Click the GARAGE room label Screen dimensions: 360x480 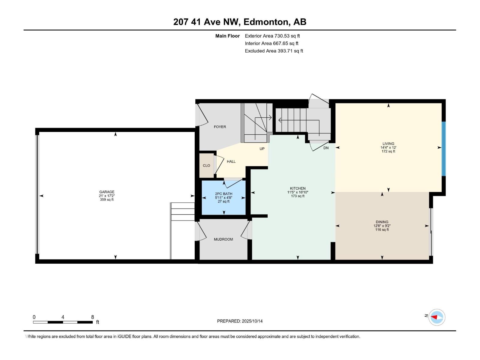(x=107, y=192)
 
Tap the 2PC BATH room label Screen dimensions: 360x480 (x=223, y=194)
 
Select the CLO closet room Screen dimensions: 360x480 (x=206, y=166)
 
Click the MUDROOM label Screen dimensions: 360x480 (x=223, y=239)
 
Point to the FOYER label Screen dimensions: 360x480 (x=220, y=127)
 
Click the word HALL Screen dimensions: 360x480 (x=231, y=161)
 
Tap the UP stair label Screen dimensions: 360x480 (x=262, y=149)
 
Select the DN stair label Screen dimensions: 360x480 (x=326, y=148)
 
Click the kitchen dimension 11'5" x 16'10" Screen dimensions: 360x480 (x=298, y=192)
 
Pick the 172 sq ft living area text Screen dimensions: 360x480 (x=388, y=151)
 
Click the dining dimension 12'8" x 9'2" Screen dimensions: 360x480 (x=382, y=226)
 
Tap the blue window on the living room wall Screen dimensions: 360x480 (x=443, y=149)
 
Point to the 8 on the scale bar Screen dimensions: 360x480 (x=92, y=317)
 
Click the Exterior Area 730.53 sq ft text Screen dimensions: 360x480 (x=272, y=36)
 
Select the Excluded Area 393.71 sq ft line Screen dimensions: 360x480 (x=274, y=51)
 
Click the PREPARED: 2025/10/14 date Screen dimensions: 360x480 (x=240, y=321)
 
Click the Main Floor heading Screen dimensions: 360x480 (x=227, y=36)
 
